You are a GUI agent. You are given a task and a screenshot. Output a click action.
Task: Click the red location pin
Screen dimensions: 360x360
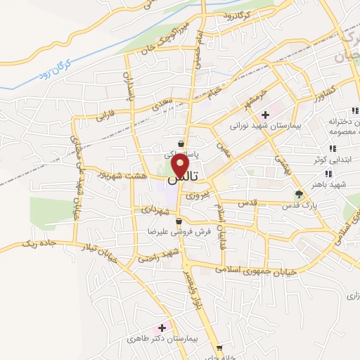coord(181,166)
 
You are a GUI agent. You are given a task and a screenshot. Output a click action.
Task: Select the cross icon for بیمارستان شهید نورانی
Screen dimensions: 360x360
coord(265,115)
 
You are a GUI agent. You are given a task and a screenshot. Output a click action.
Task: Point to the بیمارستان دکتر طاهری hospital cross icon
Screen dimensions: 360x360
coord(162,327)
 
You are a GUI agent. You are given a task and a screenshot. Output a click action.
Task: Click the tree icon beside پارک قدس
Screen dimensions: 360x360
coord(300,195)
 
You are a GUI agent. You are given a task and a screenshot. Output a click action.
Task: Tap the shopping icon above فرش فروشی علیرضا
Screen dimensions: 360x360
coord(180,221)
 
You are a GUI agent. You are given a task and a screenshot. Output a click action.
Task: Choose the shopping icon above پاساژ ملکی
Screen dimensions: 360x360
coord(182,143)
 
